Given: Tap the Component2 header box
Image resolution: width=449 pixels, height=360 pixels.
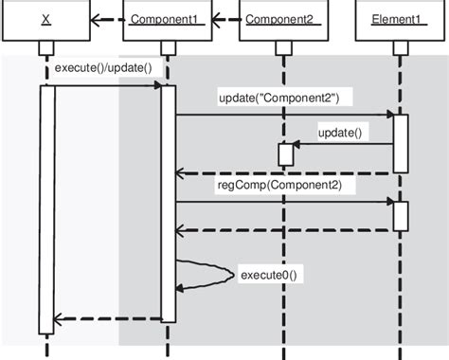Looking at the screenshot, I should (282, 20).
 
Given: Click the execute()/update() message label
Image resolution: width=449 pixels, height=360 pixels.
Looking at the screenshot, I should (103, 68).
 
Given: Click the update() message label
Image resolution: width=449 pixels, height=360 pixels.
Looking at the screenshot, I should (339, 131).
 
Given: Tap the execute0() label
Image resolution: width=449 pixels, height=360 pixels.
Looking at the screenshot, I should (268, 275).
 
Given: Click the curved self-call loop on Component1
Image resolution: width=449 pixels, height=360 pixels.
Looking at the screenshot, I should (213, 274).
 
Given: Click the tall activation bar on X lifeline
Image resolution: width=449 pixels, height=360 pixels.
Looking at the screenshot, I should (45, 208).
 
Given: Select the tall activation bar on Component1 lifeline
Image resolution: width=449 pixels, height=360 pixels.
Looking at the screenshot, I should (168, 204).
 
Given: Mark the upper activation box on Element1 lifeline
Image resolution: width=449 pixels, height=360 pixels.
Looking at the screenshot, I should (401, 142).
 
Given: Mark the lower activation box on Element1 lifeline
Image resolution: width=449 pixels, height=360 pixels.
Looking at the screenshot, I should (401, 215).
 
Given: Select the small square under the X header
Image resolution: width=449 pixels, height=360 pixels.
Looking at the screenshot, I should (45, 48).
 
